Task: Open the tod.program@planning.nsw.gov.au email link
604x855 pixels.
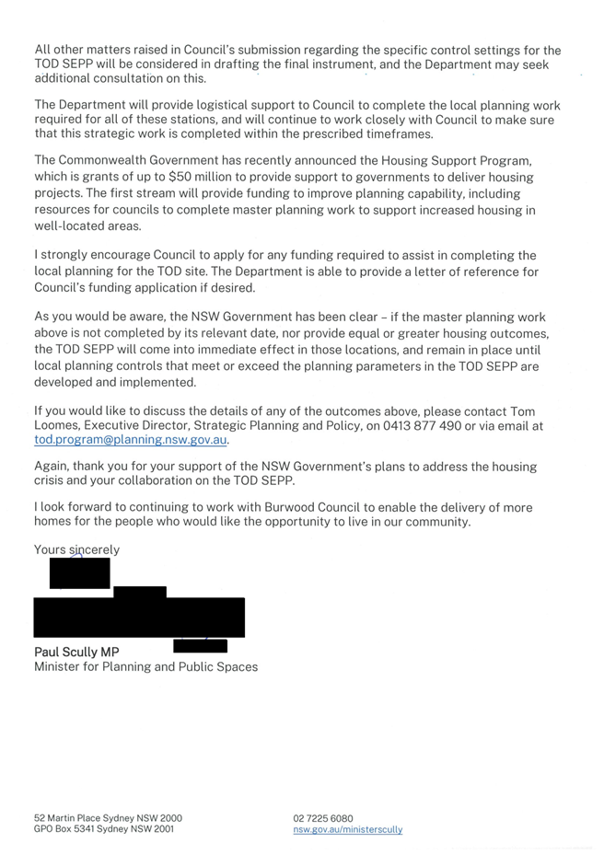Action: tap(130, 440)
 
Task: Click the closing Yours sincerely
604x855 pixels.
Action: tap(76, 550)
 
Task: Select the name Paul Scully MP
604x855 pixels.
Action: tap(76, 652)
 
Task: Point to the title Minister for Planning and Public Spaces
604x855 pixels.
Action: tap(145, 666)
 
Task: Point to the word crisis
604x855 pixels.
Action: tap(51, 482)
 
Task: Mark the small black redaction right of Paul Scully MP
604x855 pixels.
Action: tap(200, 646)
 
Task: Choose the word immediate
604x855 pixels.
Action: tap(229, 349)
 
